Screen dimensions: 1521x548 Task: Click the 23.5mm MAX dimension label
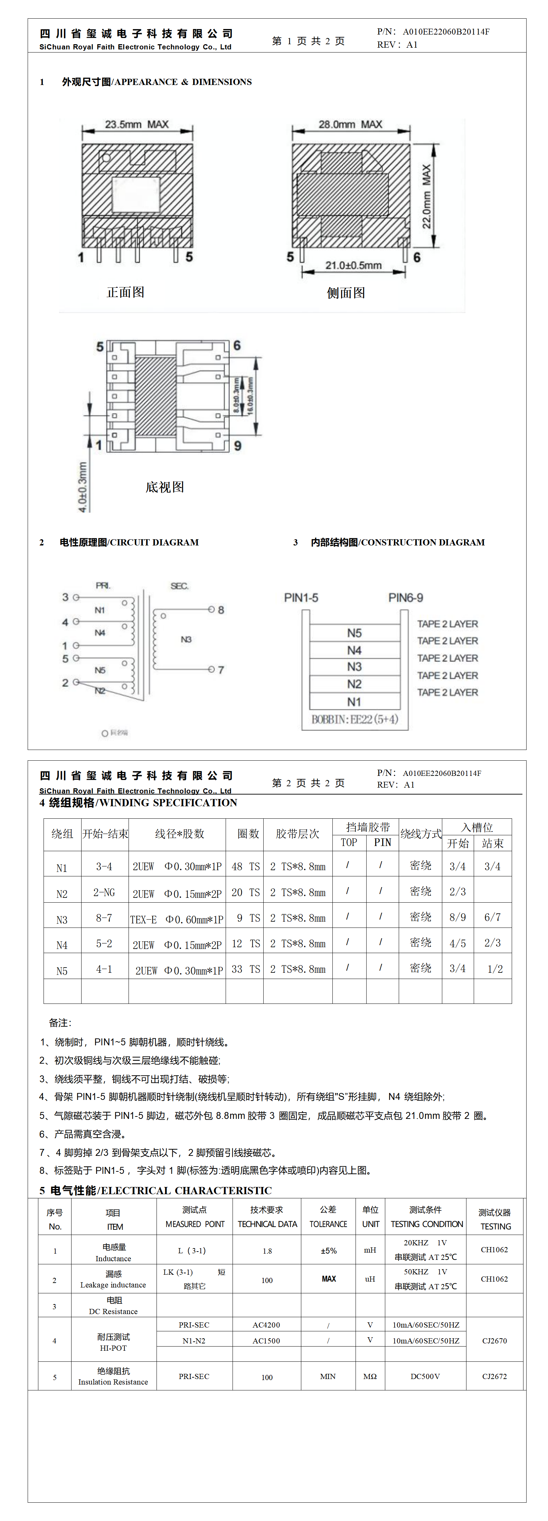[x=136, y=125]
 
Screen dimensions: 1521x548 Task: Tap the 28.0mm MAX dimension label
[x=350, y=125]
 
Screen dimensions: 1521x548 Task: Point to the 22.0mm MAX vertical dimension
[x=426, y=196]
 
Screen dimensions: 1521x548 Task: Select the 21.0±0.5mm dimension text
[x=353, y=266]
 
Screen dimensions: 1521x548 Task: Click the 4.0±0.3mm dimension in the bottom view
[x=83, y=486]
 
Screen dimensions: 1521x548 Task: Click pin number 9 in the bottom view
[x=237, y=446]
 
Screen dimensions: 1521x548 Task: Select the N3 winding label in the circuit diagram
[x=186, y=639]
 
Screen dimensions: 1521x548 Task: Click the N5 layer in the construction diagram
[x=354, y=633]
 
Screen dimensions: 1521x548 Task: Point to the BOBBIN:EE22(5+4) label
[x=355, y=719]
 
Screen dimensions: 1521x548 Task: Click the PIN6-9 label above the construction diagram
[x=406, y=598]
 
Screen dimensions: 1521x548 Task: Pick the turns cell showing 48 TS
[x=245, y=866]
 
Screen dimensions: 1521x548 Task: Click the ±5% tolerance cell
[x=328, y=1251]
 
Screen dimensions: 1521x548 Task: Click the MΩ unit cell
[x=370, y=1376]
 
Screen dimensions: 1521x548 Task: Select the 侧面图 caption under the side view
[x=346, y=293]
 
